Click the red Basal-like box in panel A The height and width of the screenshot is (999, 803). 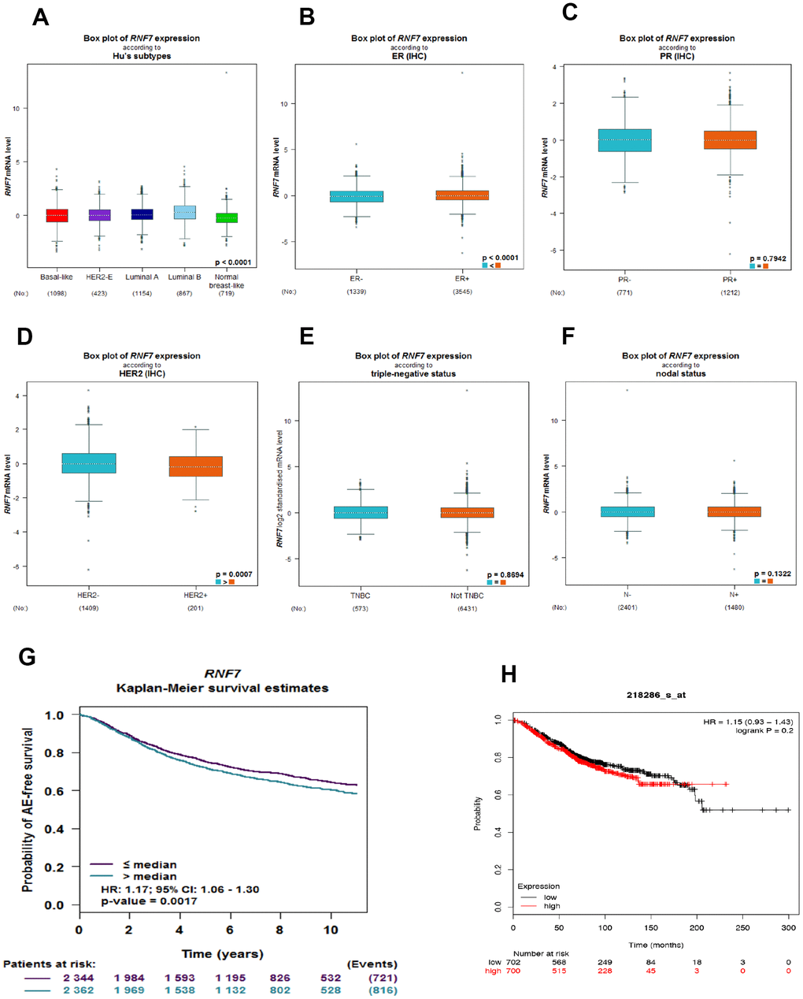coord(57,215)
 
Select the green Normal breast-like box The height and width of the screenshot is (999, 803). coord(227,217)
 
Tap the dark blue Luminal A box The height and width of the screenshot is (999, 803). coord(142,214)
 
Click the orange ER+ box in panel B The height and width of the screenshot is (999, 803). coord(462,195)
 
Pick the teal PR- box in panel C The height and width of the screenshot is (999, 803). coord(624,140)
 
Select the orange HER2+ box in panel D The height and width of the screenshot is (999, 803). coord(195,466)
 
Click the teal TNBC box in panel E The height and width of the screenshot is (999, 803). coord(361,512)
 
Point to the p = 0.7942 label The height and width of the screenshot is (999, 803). coord(768,258)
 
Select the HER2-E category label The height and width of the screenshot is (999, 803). coord(99,277)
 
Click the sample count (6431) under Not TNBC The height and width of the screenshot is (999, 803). coord(467,608)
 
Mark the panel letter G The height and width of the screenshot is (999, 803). coord(27,656)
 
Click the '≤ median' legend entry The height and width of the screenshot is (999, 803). coord(149,864)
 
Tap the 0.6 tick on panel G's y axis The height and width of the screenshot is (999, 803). coord(54,791)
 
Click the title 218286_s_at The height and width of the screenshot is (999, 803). coord(655,695)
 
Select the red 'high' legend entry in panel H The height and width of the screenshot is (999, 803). coord(552,906)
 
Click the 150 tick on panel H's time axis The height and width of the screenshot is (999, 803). coord(651,929)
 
